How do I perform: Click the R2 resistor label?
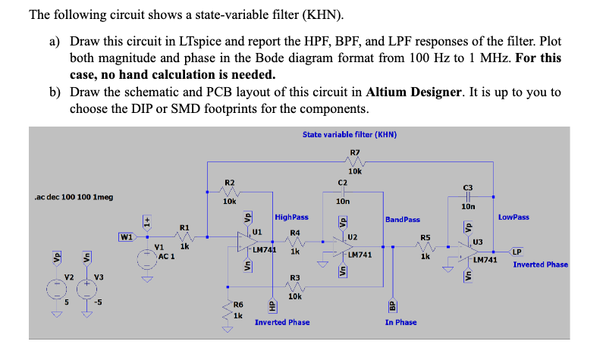[x=230, y=183]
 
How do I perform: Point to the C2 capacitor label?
[x=342, y=183]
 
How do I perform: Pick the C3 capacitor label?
[x=467, y=188]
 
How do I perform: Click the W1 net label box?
[x=126, y=236]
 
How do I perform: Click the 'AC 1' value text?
[x=167, y=256]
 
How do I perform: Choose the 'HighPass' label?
[x=291, y=218]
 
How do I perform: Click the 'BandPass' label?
[x=402, y=220]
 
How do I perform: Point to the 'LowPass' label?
[x=513, y=218]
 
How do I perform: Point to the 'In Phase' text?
[x=400, y=322]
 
